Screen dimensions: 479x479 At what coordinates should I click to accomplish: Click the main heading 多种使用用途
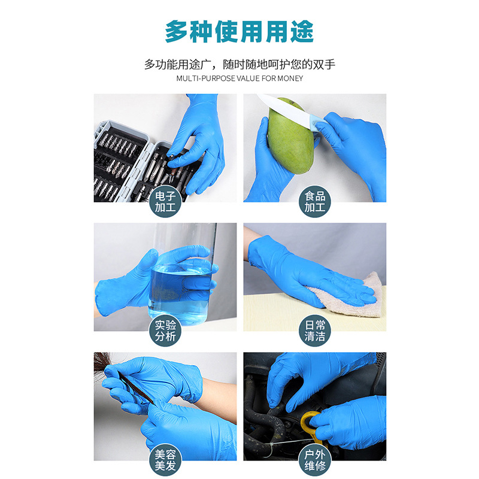pos(239,31)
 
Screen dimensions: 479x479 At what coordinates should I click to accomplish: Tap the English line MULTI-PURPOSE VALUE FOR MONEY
pos(239,78)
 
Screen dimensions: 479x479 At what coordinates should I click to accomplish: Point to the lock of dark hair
pos(105,362)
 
